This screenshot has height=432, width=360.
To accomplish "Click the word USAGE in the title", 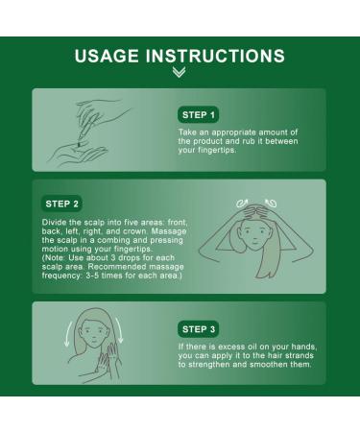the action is point(107,56).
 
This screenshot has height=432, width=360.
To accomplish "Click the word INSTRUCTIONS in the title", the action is point(215,56).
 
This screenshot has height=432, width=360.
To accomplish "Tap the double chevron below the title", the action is point(179,72).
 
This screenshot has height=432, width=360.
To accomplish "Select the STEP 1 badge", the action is point(198,114).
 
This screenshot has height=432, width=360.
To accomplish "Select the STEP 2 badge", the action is point(61,204).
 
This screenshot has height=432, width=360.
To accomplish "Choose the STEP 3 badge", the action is point(199,329).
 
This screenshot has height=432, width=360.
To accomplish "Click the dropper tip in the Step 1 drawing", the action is point(79,145).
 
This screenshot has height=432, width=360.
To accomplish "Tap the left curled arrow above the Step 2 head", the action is point(242,203).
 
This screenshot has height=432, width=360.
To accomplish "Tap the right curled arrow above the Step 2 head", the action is point(271,203).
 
